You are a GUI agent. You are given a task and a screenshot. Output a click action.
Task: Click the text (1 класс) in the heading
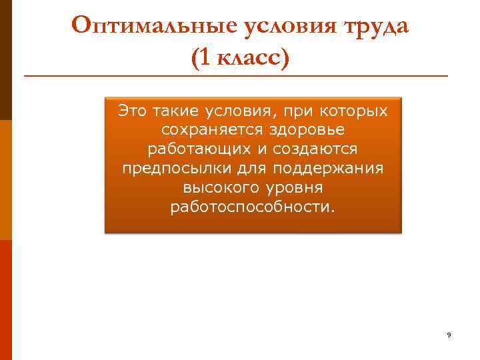coord(241,58)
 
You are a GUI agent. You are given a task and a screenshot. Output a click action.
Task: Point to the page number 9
coord(449,335)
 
